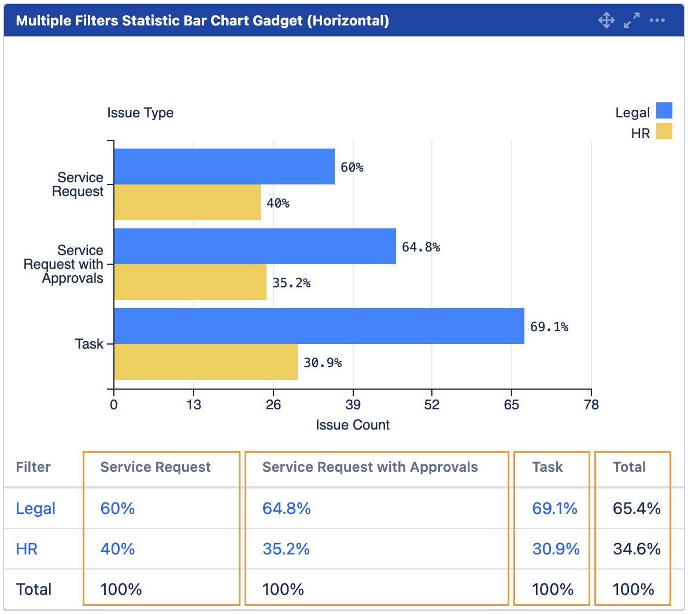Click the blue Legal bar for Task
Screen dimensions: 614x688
tap(319, 326)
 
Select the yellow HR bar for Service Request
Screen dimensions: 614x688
tap(187, 202)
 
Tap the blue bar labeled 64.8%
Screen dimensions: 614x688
tap(254, 246)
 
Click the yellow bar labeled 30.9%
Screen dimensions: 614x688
tap(205, 362)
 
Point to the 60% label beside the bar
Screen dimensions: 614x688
tap(352, 168)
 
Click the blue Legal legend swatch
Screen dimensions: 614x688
tap(664, 110)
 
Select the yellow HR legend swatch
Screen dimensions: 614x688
tap(664, 131)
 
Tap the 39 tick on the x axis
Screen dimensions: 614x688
tap(353, 404)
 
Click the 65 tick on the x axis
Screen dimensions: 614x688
tap(511, 404)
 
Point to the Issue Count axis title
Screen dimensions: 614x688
tap(353, 425)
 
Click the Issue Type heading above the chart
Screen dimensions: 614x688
tap(140, 113)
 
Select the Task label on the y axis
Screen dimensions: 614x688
tap(89, 344)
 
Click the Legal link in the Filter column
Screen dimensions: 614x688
tap(36, 508)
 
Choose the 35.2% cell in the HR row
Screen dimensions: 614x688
tap(286, 549)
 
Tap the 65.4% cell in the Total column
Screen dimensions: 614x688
tap(637, 508)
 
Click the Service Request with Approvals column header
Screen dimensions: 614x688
tap(370, 467)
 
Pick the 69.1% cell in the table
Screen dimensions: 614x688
tap(554, 508)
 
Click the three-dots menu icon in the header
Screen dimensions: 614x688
tap(657, 20)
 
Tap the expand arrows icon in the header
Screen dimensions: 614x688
tap(631, 20)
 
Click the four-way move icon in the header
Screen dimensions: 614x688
tap(606, 20)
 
